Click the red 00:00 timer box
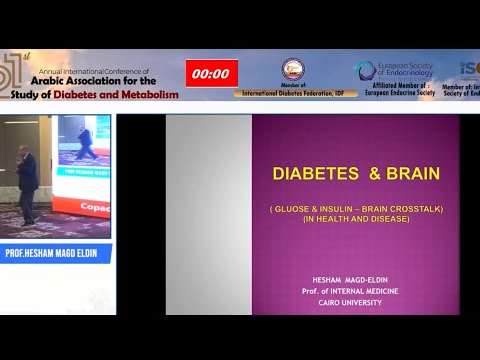(211, 73)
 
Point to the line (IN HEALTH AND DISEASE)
(356, 219)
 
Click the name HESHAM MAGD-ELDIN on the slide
(356, 279)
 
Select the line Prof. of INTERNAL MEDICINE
(356, 290)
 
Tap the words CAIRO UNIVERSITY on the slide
(356, 301)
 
